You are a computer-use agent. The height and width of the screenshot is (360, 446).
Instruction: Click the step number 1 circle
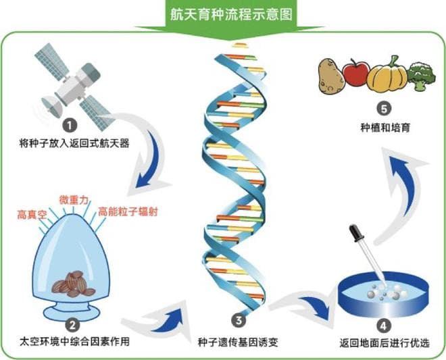(69, 125)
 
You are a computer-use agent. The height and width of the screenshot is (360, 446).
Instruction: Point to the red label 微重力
(74, 201)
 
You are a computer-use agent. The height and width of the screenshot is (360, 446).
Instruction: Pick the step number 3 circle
(237, 319)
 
